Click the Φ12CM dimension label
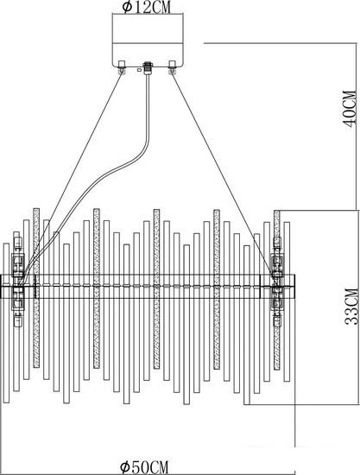(x=146, y=7)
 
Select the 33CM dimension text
(x=351, y=307)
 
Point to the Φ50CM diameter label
(x=144, y=467)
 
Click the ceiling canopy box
(x=148, y=41)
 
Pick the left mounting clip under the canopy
(x=122, y=67)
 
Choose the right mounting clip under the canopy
(x=173, y=67)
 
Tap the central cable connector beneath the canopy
(x=148, y=68)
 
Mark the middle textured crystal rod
(x=156, y=289)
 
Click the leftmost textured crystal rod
(x=36, y=288)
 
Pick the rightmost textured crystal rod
(x=277, y=290)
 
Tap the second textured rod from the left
(x=97, y=288)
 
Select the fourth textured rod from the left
(x=217, y=289)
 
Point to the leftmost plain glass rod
(x=6, y=323)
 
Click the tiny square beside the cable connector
(x=139, y=70)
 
